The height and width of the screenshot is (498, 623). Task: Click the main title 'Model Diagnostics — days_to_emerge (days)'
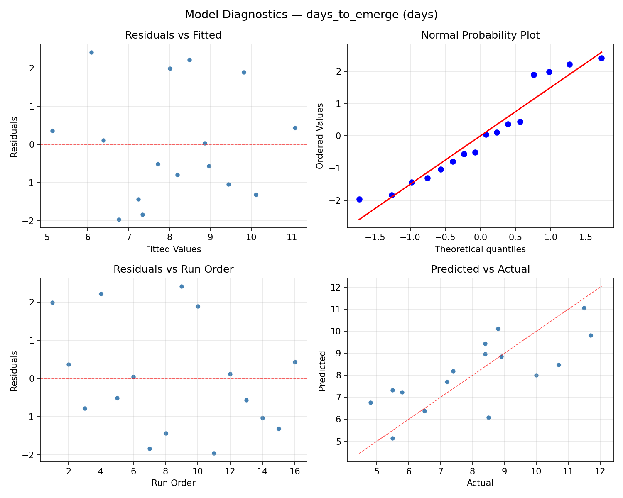311,15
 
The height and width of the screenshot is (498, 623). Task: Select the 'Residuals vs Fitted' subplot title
173,35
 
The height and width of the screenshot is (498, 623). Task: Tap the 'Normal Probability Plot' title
480,35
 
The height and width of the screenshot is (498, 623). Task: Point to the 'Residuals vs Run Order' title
173,269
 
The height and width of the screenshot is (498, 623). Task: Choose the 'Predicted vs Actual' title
480,269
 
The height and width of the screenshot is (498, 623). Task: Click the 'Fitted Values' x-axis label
173,249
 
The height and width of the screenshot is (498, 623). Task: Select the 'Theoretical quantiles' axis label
480,249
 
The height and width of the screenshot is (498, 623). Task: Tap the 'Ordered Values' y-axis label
319,136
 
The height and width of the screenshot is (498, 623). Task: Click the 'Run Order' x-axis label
173,483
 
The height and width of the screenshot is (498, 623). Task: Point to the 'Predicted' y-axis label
322,370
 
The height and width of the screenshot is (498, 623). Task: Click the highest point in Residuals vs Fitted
91,52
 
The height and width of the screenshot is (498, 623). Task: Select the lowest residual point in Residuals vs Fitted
119,220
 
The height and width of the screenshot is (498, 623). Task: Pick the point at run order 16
295,362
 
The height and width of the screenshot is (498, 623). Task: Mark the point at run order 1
52,303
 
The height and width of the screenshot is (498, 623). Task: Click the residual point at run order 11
214,453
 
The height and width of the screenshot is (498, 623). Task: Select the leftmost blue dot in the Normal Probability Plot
359,199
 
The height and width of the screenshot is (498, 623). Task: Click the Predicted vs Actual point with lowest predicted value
392,438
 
